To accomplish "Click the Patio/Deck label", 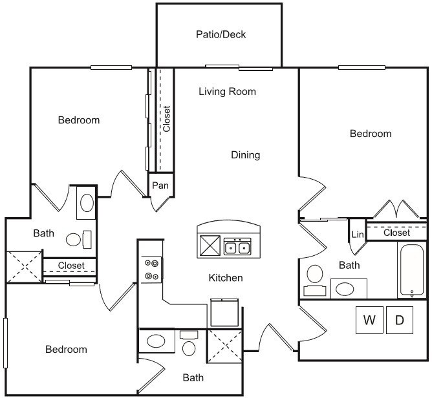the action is coord(221,34).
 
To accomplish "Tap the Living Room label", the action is coord(227,91).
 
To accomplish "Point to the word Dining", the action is coord(245,155).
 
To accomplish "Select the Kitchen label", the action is coord(226,278).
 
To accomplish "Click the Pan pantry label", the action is coord(160,185).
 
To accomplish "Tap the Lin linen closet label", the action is coord(358,235).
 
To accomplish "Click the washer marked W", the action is coord(369,320).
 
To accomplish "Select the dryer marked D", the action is coord(400,320).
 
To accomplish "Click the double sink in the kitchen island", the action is coord(237,246).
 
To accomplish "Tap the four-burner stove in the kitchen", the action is coord(151,269).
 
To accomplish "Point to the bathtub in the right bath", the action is coord(412,269).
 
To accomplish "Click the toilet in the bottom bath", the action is coord(189,343).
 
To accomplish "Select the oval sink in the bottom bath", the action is coord(156,341).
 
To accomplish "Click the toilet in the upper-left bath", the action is coord(78,240).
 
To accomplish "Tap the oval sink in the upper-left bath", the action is coord(87,203).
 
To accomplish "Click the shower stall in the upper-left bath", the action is coord(24,267).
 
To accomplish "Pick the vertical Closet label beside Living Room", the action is coord(166,119).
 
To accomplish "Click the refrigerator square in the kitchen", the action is coord(224,313).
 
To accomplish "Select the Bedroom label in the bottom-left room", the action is coord(66,350).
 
